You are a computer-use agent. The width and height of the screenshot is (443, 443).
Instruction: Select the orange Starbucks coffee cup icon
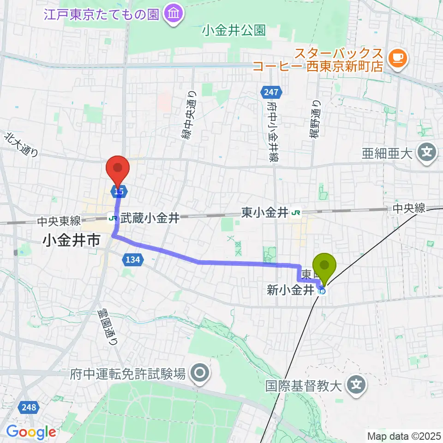point(398,57)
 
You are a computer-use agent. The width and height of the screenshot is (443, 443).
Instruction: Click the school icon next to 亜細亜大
point(427,152)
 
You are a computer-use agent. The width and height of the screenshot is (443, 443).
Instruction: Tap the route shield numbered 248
point(29,407)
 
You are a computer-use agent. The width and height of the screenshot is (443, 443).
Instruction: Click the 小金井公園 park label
point(234,31)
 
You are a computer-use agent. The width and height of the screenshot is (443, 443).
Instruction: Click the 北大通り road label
point(22,145)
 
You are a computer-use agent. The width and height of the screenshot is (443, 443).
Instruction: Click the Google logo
point(31,432)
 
